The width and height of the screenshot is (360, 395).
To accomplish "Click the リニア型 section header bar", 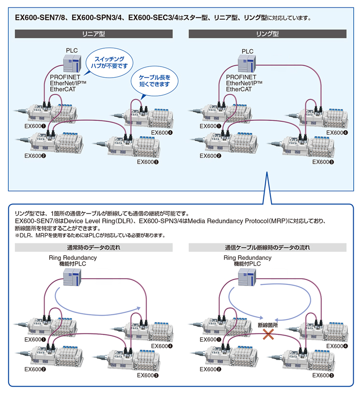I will coord(94,34).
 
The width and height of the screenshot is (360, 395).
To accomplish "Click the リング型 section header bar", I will coord(267,34).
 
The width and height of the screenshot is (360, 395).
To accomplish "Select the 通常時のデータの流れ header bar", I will coord(94,248).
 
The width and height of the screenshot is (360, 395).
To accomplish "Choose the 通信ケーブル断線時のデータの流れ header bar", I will coord(267,248).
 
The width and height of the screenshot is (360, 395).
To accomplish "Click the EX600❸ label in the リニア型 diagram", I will coord(148,162).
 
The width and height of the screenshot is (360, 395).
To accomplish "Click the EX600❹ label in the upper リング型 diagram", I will coord(337,133).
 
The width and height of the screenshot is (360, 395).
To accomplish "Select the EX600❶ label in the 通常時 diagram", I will coord(35,339).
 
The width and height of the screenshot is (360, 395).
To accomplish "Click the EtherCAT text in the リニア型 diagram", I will coord(63,89).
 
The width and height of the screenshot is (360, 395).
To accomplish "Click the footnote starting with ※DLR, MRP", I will coord(90,236).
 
